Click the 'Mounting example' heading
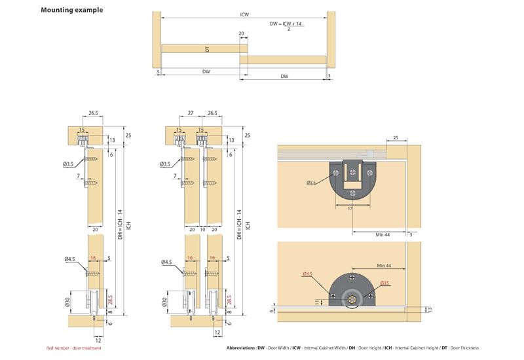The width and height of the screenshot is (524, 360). point(71,10)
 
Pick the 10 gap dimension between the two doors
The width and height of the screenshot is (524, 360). point(203,230)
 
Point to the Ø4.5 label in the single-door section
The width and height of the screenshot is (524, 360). point(71,261)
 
